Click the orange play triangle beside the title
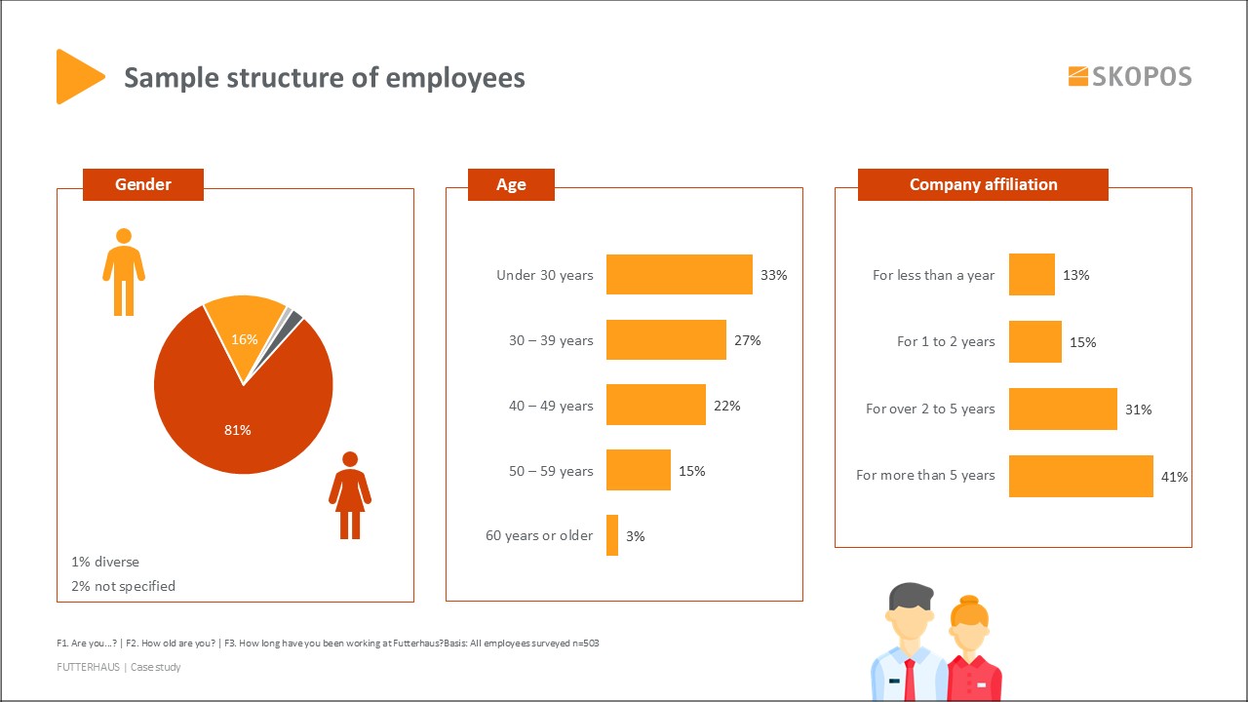[77, 76]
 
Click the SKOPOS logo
[1130, 76]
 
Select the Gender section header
[143, 184]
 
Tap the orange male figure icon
[124, 272]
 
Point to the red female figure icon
[350, 494]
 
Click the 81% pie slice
[238, 419]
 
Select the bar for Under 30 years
[679, 275]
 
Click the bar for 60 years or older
[612, 535]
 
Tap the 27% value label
[748, 340]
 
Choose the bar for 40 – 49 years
[655, 405]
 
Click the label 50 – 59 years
[551, 471]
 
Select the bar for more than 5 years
[1080, 476]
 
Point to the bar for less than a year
[1032, 275]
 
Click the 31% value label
[1138, 409]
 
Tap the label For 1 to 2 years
[946, 342]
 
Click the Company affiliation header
[983, 184]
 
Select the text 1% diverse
[105, 563]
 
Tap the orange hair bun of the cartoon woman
[968, 601]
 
